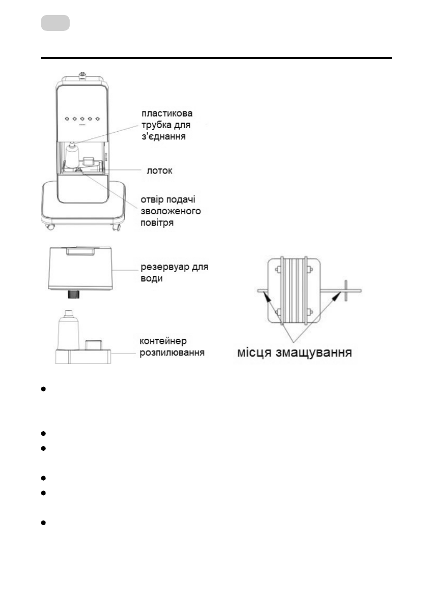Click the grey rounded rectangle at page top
point(55,23)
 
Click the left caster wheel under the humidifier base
point(50,228)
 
